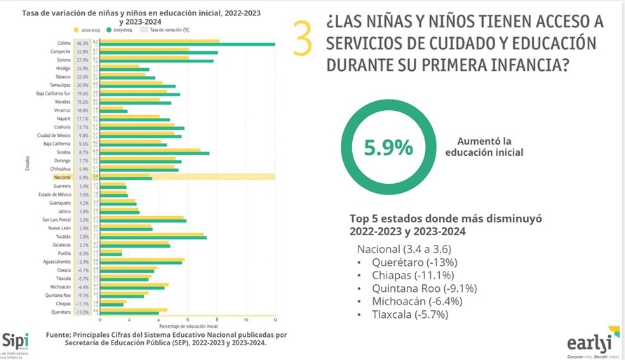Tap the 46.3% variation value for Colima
(x=83, y=44)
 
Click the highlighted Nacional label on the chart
(x=62, y=178)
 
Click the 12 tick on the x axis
(x=274, y=320)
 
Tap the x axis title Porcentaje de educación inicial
(x=188, y=327)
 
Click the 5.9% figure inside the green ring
(x=388, y=148)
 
